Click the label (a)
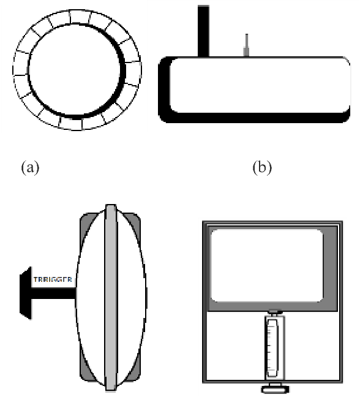31,167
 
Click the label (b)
262,167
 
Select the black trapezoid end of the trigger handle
25,293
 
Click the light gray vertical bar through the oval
110,297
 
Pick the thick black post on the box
203,29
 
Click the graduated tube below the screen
274,346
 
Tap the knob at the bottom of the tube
274,387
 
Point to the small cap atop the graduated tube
274,313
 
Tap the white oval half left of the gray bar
92,297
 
